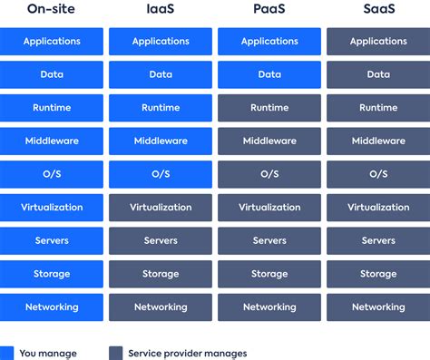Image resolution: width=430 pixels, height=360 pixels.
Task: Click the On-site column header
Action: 52,10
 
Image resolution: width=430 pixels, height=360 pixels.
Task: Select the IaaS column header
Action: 161,10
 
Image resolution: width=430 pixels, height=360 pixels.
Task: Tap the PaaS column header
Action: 269,10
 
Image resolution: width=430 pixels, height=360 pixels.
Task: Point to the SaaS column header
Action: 378,10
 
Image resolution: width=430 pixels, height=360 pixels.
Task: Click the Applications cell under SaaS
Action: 378,41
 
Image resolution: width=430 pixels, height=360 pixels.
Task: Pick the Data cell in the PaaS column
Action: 269,74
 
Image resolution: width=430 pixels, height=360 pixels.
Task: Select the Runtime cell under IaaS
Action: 161,108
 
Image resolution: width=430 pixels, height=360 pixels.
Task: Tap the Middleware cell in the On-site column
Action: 52,141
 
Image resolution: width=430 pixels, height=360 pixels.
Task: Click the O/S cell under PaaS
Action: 269,174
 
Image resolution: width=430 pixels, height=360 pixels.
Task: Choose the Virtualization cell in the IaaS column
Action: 161,207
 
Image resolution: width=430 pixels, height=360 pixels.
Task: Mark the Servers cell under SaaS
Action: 378,240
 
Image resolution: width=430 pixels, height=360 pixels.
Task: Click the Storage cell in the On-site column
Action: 52,274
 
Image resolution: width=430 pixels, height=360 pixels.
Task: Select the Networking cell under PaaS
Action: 269,306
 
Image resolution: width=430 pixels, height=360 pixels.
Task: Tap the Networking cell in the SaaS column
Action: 378,306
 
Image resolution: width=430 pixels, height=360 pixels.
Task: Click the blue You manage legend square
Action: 7,353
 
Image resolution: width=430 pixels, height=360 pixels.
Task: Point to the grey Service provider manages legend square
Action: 115,353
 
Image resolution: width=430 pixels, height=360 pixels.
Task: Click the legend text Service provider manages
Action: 187,354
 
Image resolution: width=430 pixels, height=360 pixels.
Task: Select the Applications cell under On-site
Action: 52,41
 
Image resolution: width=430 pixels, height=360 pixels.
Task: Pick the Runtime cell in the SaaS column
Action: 378,108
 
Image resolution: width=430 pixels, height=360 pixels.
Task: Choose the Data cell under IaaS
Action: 161,74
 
